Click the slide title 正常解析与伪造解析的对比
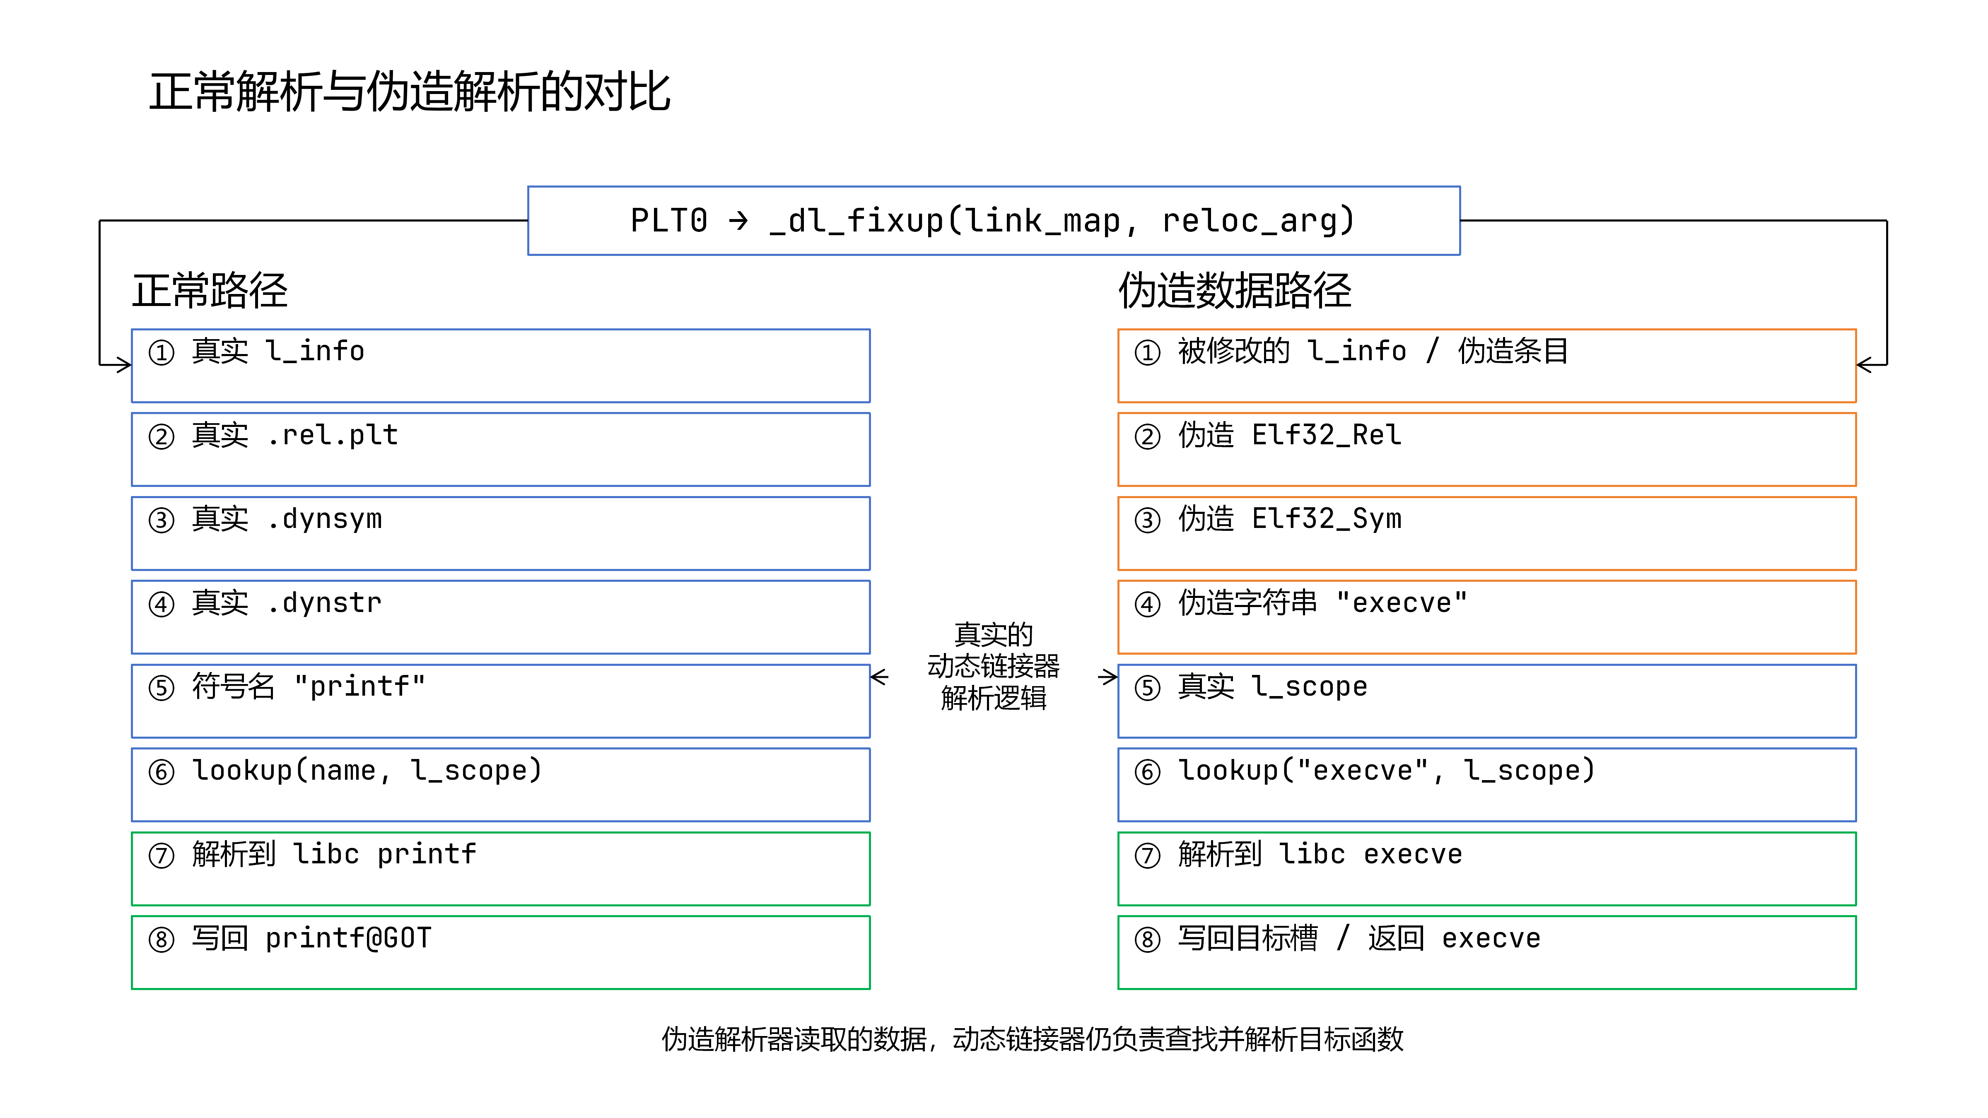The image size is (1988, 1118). point(410,92)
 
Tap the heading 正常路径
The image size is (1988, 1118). point(210,291)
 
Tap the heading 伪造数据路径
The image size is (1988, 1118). point(1235,291)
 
